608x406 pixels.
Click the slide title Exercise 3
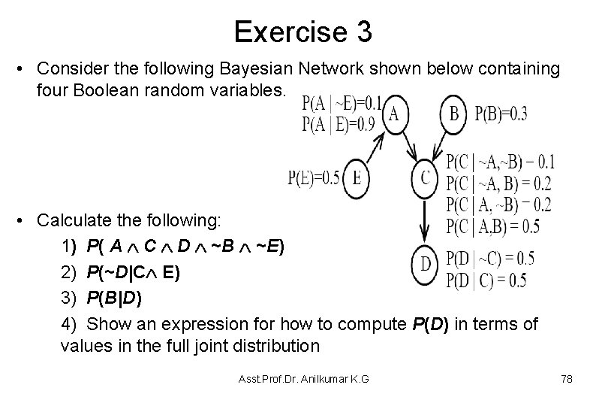point(302,32)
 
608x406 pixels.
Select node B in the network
point(453,113)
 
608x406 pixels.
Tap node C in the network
point(426,178)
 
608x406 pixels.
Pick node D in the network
point(426,262)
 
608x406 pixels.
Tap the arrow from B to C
point(440,145)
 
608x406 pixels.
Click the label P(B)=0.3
point(501,114)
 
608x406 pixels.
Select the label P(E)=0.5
point(314,178)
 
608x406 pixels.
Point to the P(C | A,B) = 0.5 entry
point(492,226)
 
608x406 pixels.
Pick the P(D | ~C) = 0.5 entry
point(490,259)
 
